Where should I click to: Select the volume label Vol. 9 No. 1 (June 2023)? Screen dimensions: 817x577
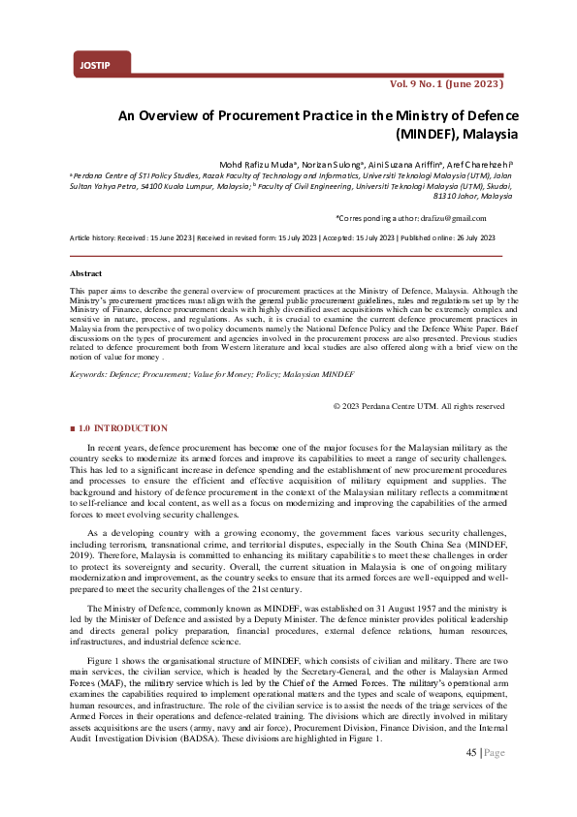pos(445,84)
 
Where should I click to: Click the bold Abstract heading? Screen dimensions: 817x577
pos(86,273)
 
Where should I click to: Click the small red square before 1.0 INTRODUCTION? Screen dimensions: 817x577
pos(73,428)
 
